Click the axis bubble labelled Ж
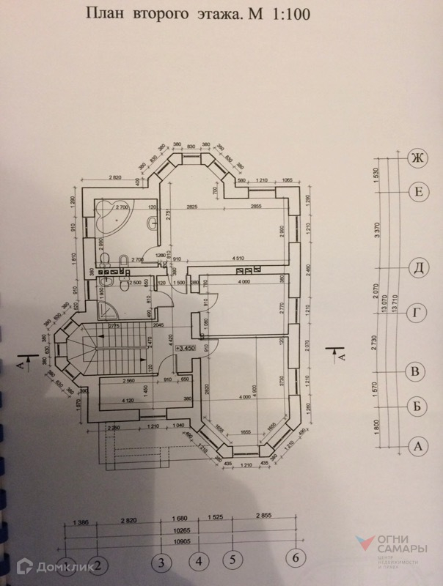(x=417, y=158)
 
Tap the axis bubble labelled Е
(x=417, y=193)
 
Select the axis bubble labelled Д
(x=417, y=269)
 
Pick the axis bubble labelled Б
(x=417, y=406)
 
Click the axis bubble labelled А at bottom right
(x=417, y=445)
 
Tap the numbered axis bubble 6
(x=296, y=558)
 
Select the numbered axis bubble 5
(x=231, y=560)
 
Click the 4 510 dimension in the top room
(x=238, y=258)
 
